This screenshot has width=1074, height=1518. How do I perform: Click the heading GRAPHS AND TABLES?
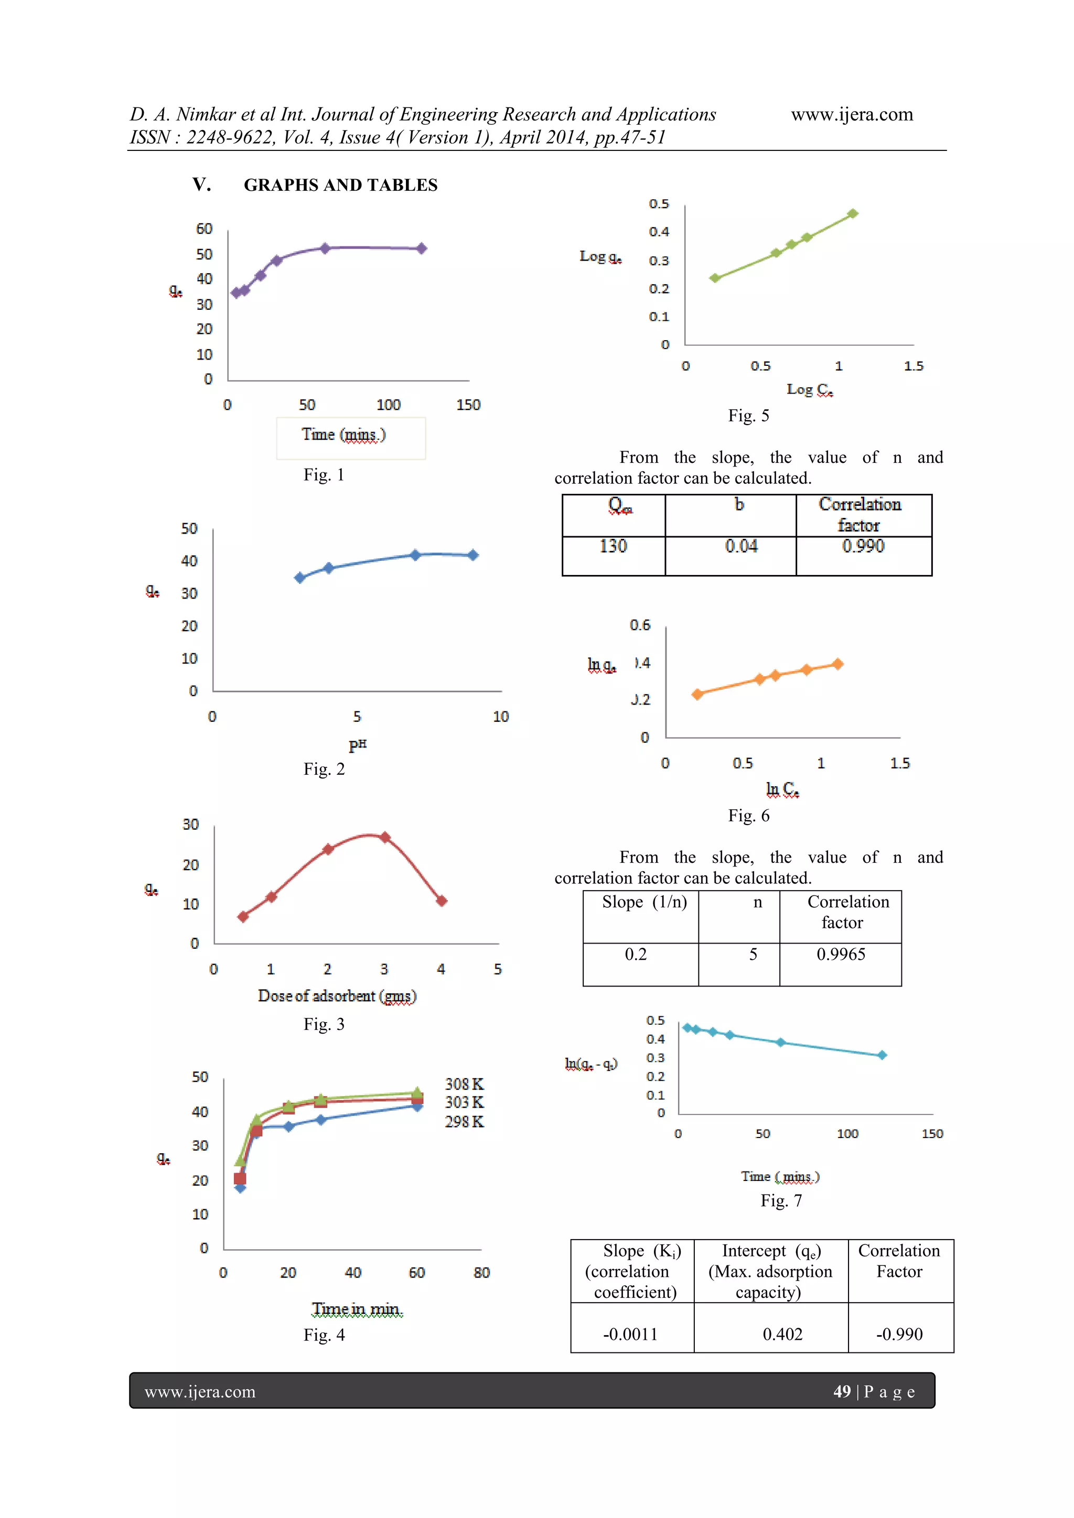(340, 185)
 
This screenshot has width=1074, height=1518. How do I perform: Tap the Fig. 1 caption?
(324, 475)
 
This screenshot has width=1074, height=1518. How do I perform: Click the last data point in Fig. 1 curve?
(421, 248)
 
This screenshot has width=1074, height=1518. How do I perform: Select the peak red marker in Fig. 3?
(385, 838)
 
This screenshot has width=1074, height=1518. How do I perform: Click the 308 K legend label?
(464, 1085)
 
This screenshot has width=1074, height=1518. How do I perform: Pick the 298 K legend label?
(464, 1122)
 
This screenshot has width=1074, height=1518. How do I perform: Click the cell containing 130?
(613, 547)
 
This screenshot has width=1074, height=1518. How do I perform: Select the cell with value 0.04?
(740, 547)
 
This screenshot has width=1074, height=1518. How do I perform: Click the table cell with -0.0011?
(630, 1334)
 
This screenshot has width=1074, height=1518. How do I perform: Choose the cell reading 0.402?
(782, 1334)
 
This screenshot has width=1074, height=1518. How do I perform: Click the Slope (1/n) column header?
(643, 903)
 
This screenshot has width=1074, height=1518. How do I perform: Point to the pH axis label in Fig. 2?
(357, 744)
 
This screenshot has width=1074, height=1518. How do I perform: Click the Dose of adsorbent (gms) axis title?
(337, 996)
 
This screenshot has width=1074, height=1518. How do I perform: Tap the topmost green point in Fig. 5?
(853, 213)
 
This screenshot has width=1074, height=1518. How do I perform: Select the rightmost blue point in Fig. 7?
(882, 1055)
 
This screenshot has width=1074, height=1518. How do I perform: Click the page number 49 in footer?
(841, 1392)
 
